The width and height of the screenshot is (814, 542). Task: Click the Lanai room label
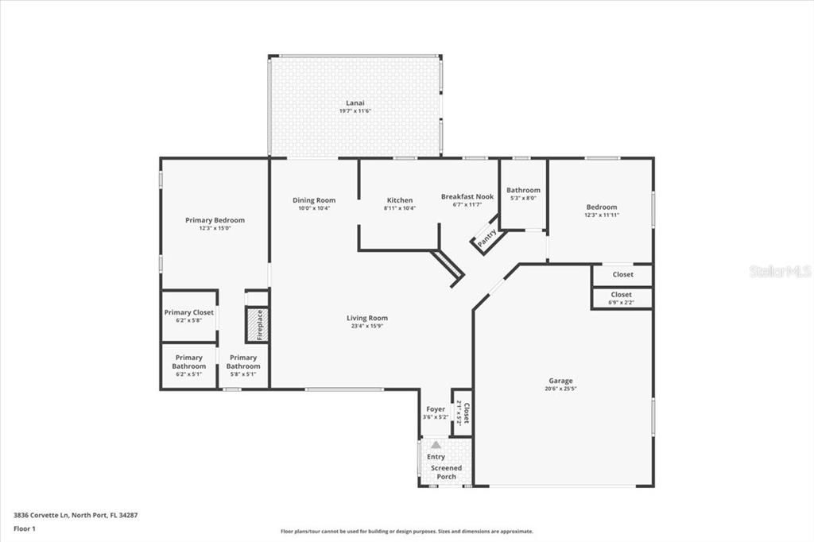pos(355,103)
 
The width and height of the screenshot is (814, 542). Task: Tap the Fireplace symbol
pos(257,325)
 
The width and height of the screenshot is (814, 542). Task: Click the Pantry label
pos(486,237)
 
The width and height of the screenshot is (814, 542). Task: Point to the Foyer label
pos(436,409)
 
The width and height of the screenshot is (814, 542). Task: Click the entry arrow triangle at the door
pos(436,445)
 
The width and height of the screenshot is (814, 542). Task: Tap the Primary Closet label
pos(189,312)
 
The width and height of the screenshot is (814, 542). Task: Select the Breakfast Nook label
pos(467,196)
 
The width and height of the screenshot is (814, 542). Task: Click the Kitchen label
pos(400,200)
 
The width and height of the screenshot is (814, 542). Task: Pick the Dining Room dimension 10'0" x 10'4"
pos(314,208)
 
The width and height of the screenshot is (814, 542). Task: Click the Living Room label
pos(367,318)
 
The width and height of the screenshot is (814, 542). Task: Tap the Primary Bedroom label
pos(215,220)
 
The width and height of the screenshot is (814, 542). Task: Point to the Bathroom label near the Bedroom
pos(523,190)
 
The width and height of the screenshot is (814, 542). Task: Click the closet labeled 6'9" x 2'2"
pos(622,298)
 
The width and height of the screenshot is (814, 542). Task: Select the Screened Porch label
pos(446,472)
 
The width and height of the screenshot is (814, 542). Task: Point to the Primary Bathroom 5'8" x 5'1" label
pos(242,362)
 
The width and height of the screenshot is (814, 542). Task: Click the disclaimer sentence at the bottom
pos(406,532)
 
